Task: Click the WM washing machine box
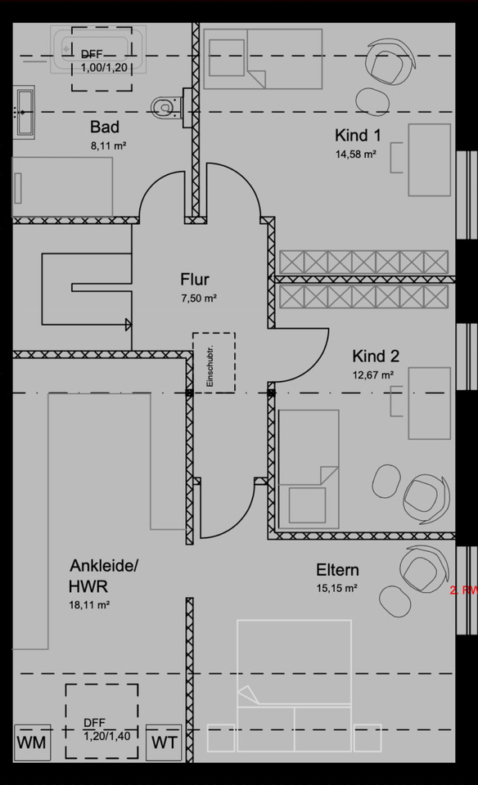click(x=32, y=744)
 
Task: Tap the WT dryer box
click(x=166, y=744)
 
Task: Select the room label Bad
click(x=105, y=128)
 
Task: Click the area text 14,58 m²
click(x=355, y=154)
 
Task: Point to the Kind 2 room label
click(x=376, y=356)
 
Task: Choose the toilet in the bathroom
click(x=165, y=105)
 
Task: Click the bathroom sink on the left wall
click(x=25, y=113)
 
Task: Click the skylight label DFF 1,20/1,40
click(x=105, y=729)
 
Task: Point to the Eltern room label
click(x=337, y=570)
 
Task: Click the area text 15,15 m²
click(x=337, y=588)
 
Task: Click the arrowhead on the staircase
click(x=128, y=324)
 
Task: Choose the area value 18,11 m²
click(x=90, y=606)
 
